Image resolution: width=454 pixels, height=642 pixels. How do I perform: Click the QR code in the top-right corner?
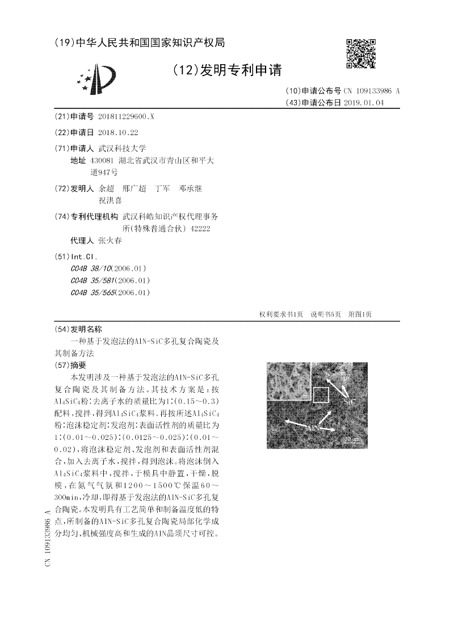[x=361, y=54]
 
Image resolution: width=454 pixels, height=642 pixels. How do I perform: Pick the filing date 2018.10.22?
[x=118, y=132]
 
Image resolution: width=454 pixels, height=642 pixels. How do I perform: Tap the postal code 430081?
[x=102, y=161]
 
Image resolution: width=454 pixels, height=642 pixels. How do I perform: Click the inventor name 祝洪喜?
[x=110, y=200]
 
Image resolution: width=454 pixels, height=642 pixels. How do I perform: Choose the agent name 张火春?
[x=110, y=240]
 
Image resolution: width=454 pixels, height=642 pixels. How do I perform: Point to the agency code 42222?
[x=201, y=228]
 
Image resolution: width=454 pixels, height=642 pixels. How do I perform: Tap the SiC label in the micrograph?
[x=351, y=401]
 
